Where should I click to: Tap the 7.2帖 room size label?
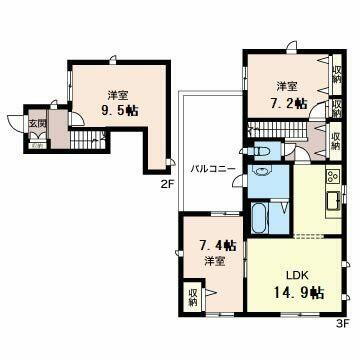tap(288, 101)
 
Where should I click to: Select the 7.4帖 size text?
tap(218, 245)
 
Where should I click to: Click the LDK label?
tap(297, 274)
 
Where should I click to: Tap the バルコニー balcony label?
tap(213, 169)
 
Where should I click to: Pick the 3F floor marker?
tap(341, 322)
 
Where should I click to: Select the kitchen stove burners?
tap(331, 174)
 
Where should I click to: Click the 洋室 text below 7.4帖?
tap(216, 262)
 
